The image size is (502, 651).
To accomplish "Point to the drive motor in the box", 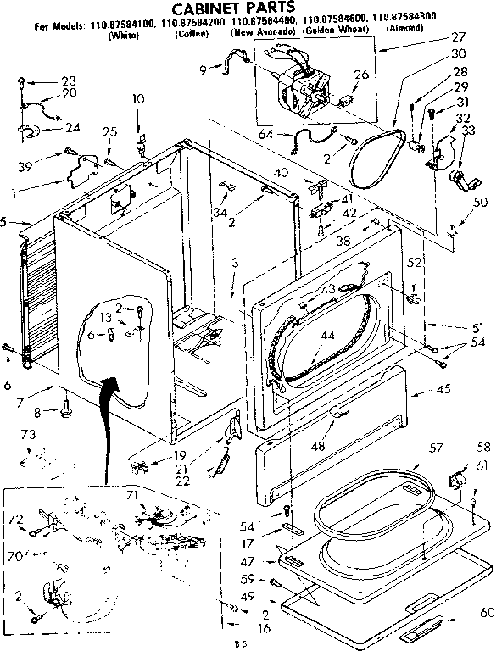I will pos(300,85).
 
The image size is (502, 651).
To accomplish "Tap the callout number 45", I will pos(441,391).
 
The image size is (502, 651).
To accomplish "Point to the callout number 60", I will pos(486,612).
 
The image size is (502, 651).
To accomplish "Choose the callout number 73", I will pos(28,434).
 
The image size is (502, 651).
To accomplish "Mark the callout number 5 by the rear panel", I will pos(5,222).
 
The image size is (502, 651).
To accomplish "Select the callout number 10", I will pos(137,99).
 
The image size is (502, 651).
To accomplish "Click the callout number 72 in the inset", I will pos(16,518).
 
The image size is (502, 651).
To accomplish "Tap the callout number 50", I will pos(480,202).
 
